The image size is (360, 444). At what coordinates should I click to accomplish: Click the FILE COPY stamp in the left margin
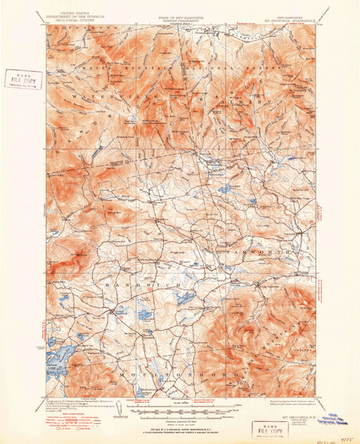coord(23,78)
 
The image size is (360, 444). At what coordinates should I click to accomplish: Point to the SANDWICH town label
coord(131,284)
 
